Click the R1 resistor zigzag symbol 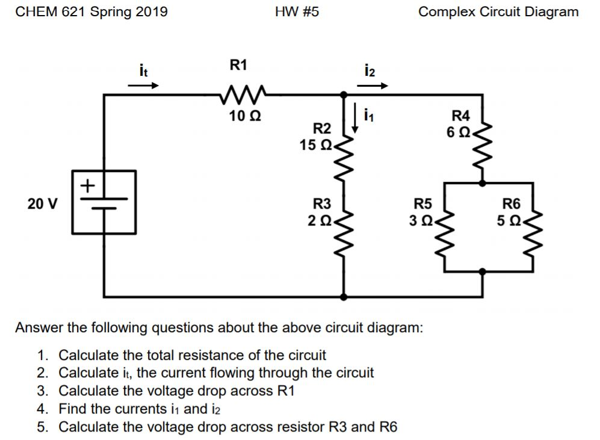[240, 94]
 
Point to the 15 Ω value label [316, 145]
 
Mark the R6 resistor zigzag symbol [530, 226]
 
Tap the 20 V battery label [43, 203]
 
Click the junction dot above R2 [344, 95]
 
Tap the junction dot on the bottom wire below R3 [344, 296]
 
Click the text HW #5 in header [296, 11]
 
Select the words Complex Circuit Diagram [498, 11]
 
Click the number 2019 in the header [152, 11]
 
